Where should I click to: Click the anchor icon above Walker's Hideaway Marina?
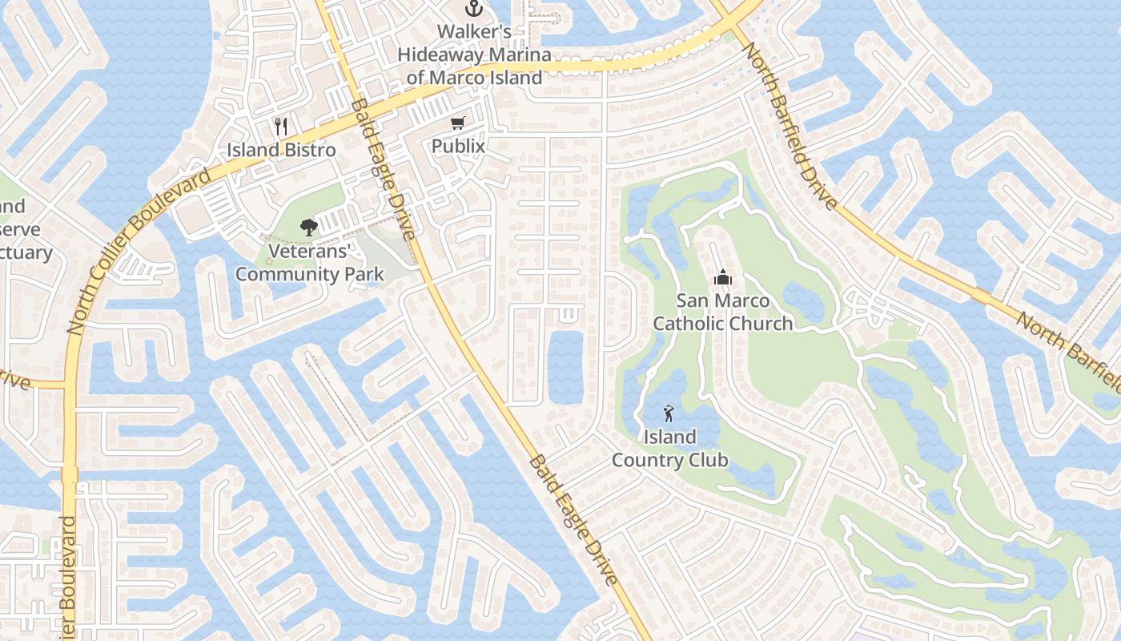(474, 10)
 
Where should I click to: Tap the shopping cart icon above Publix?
(457, 123)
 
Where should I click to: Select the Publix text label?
(458, 146)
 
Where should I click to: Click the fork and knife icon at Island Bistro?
(280, 127)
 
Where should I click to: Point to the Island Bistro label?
(281, 150)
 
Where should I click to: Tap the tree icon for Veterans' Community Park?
(308, 228)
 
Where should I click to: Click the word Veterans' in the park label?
(310, 251)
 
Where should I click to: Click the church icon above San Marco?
(722, 277)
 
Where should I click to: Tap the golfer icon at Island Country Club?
(669, 413)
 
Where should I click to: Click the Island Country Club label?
(670, 449)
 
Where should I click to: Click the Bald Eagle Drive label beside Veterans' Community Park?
(383, 168)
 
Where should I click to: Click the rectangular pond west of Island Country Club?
(565, 366)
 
